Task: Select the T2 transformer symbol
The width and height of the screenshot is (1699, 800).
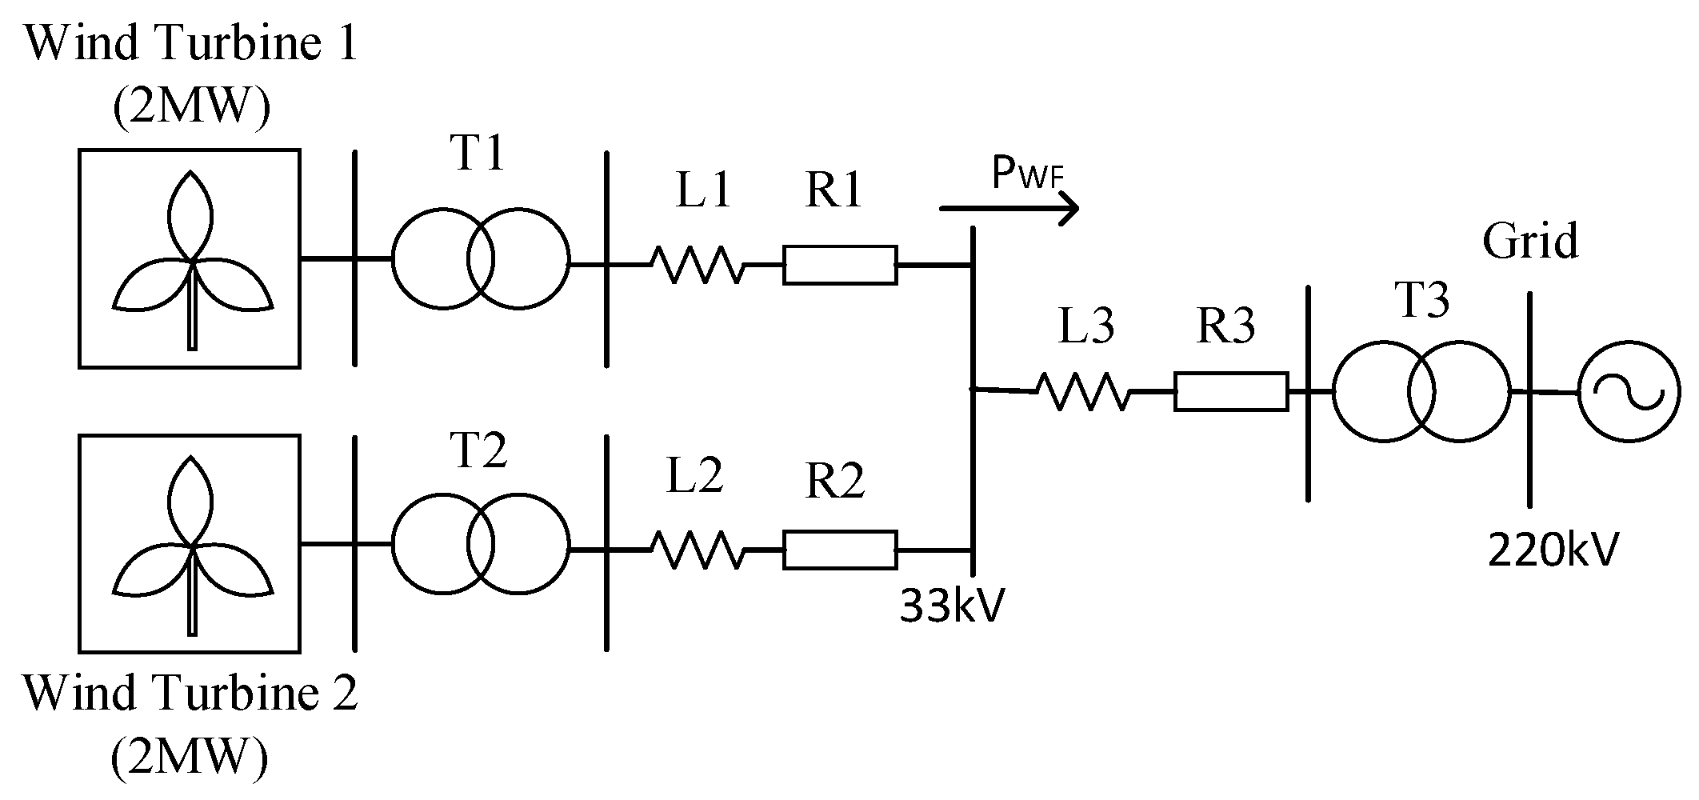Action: (481, 545)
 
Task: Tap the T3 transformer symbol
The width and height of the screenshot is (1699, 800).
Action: (1421, 392)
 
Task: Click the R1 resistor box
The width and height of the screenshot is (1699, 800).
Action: (840, 265)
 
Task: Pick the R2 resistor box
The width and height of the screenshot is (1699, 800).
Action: (840, 550)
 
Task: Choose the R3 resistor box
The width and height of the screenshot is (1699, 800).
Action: (1231, 392)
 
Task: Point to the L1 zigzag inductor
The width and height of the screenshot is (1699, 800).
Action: (698, 264)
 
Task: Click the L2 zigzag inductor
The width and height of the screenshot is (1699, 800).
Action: (698, 550)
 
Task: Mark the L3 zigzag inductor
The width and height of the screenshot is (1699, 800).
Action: (1084, 391)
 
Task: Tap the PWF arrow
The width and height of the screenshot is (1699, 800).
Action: (1009, 209)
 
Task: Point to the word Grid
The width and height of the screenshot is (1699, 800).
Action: (1531, 240)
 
